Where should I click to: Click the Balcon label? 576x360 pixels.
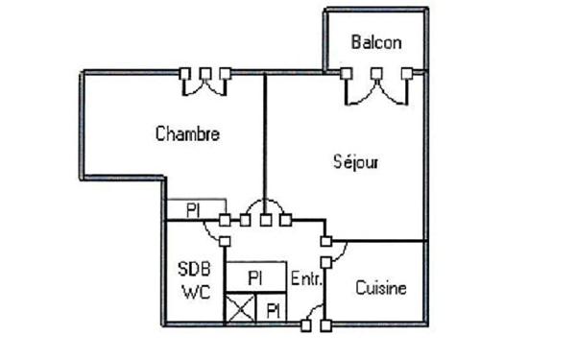point(376,42)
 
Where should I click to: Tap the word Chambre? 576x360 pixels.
point(187,133)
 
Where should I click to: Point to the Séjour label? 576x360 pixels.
point(354,161)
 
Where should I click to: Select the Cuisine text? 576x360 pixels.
point(381,287)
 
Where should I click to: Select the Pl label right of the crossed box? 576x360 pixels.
point(274,309)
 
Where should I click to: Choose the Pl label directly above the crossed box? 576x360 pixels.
point(255,276)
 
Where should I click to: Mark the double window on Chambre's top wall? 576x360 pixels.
point(204,83)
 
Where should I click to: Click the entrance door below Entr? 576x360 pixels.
point(315,318)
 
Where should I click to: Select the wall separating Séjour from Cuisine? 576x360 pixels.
point(379,240)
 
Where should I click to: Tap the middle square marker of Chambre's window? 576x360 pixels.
point(204,73)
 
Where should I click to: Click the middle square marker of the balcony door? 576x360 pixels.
point(377,73)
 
